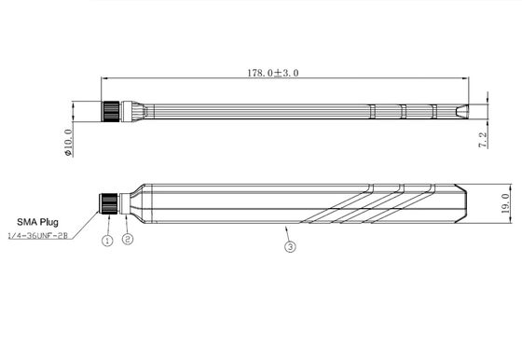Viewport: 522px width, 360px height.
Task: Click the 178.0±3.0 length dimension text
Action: (x=272, y=72)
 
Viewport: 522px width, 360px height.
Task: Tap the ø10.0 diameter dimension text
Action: (x=67, y=139)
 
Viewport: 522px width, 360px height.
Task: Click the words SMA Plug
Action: (x=37, y=223)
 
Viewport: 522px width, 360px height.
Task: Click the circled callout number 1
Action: (x=107, y=241)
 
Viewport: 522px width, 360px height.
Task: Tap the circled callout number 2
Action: (x=129, y=241)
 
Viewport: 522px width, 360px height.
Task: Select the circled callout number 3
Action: (x=290, y=247)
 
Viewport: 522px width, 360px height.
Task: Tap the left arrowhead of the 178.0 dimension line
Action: (x=101, y=77)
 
